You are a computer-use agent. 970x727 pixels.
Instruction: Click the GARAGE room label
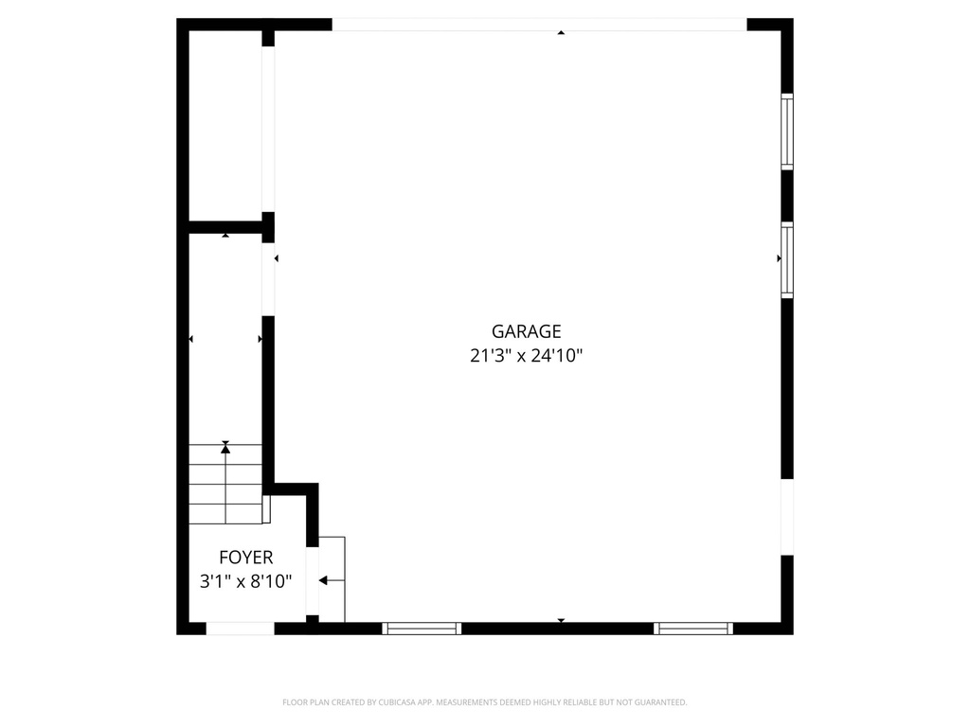point(526,331)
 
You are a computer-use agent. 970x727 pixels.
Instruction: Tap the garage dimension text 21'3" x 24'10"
point(526,357)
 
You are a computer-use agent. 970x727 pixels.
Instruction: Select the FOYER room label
point(245,558)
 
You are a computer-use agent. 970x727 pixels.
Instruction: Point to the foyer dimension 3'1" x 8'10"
point(245,581)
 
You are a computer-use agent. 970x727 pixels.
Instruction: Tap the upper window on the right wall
point(786,132)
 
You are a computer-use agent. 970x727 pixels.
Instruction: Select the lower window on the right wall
point(786,260)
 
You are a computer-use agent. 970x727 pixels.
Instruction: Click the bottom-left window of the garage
point(422,628)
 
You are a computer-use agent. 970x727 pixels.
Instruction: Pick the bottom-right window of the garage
point(693,628)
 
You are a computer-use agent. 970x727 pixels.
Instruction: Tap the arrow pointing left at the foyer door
point(323,580)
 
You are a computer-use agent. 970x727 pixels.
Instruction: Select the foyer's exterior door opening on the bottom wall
point(241,628)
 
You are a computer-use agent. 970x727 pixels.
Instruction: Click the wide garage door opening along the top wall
point(539,25)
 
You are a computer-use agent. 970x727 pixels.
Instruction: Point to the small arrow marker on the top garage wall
point(561,33)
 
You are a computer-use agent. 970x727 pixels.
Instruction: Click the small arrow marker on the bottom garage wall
point(561,620)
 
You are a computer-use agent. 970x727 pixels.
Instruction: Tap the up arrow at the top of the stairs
point(225,449)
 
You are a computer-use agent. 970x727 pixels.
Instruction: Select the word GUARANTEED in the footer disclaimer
point(658,702)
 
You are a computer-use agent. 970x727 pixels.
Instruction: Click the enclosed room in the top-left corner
point(225,125)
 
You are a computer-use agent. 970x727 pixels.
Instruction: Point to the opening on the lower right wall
point(786,518)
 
